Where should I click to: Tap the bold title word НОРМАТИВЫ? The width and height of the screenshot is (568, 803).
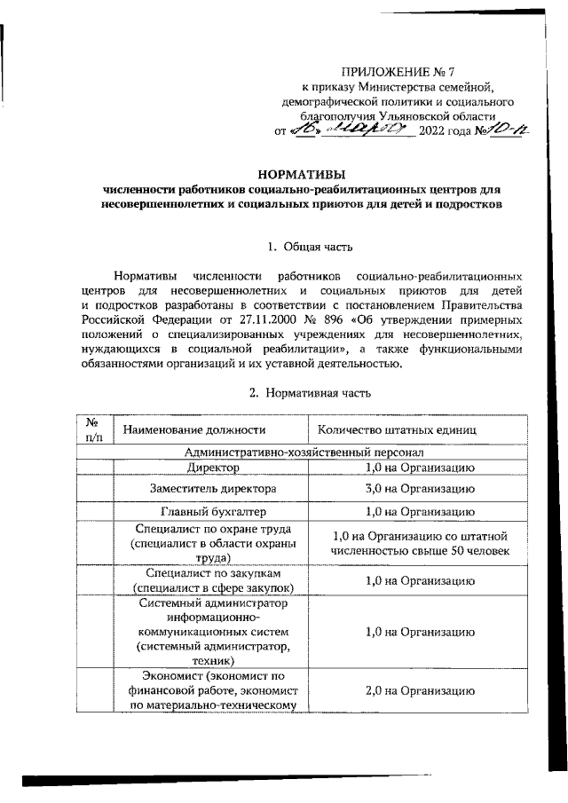(301, 173)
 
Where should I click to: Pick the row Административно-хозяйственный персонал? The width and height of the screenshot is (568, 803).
(301, 452)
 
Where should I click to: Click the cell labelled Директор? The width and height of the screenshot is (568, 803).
(212, 468)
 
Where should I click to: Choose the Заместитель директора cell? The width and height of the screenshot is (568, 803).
(212, 489)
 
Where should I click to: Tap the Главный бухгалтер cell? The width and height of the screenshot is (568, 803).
(212, 512)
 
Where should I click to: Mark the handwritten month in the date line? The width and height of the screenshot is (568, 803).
(363, 130)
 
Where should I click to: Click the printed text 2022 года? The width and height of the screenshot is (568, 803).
(446, 132)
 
